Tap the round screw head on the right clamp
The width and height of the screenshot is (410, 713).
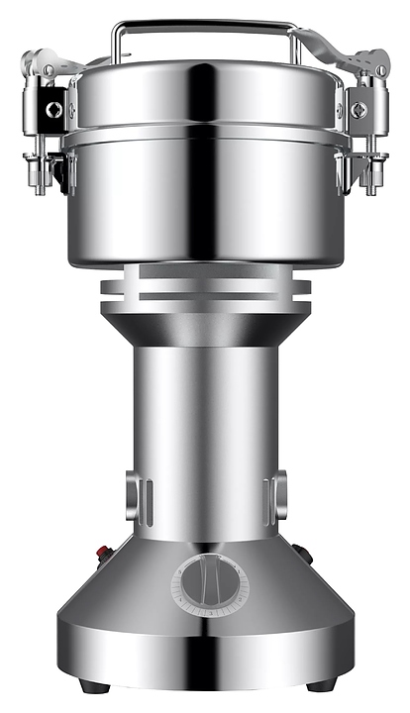click(357, 109)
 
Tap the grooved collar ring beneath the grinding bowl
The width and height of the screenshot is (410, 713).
click(205, 289)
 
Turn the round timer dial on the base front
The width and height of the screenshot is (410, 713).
click(209, 584)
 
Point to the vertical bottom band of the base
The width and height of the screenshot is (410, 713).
click(205, 659)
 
